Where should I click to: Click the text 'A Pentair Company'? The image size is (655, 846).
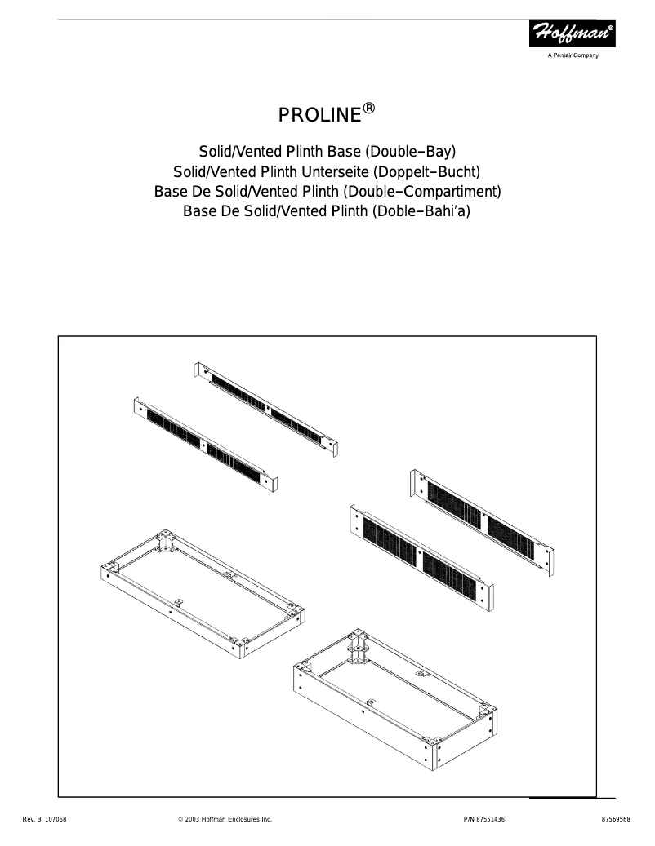coord(573,55)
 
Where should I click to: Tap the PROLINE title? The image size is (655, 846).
coord(319,115)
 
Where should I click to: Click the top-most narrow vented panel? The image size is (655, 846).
coord(266,407)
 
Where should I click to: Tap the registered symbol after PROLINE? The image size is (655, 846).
coord(369,108)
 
